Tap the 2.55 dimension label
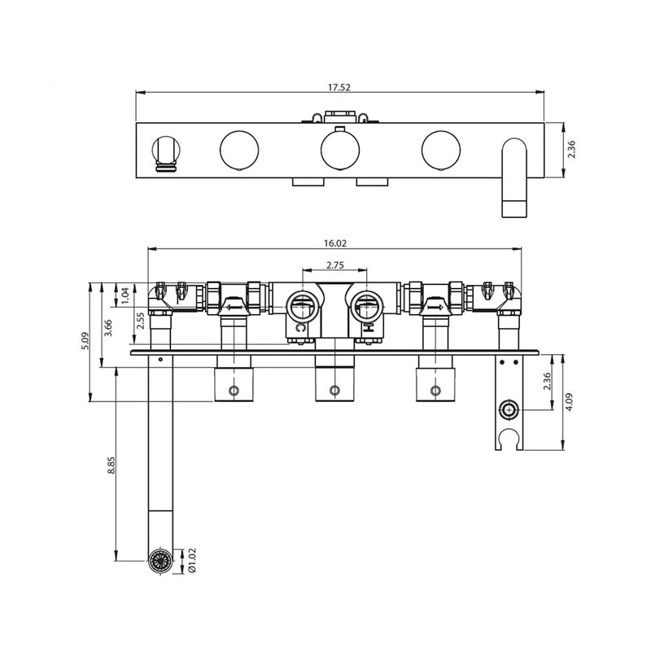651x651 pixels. pos(138,324)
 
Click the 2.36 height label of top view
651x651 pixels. pos(571,150)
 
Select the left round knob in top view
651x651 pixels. pos(238,150)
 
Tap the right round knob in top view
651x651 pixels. pos(440,150)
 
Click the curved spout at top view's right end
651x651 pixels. pos(514,175)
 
